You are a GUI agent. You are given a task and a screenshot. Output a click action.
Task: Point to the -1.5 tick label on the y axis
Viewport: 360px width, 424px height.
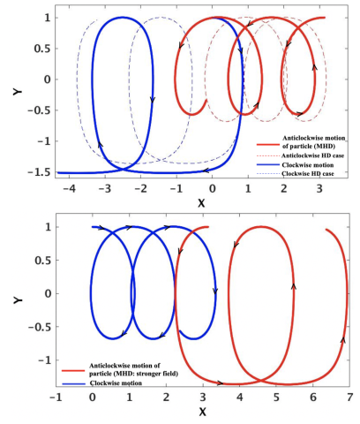[x=41, y=172]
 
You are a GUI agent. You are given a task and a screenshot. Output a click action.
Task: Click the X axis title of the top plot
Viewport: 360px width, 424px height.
[x=200, y=201]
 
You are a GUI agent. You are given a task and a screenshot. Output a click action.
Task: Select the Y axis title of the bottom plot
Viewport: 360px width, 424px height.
[x=19, y=300]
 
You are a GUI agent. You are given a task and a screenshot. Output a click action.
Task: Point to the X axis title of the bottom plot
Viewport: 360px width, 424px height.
[x=202, y=413]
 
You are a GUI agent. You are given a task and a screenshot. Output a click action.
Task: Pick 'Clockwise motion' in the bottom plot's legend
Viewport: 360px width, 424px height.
[x=119, y=383]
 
